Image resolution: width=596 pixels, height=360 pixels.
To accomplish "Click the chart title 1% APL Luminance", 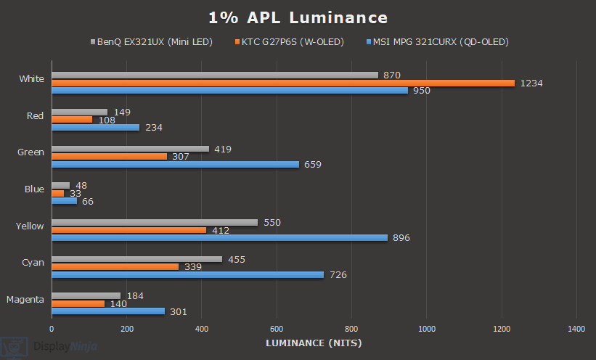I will click(x=298, y=17).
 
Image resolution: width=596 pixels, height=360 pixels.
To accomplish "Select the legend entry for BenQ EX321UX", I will click(x=152, y=41).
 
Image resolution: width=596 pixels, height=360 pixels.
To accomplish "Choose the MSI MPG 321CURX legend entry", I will click(x=436, y=41).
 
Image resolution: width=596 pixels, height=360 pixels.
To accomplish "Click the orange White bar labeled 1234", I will click(x=283, y=83).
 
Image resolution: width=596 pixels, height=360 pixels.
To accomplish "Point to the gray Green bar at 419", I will click(x=130, y=149).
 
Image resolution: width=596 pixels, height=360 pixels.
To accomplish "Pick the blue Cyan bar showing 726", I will click(x=187, y=274).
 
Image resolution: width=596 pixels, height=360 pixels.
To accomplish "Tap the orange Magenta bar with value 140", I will click(x=78, y=303).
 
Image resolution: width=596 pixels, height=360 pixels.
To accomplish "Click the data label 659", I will click(x=312, y=165).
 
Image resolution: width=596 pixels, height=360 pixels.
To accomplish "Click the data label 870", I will click(x=391, y=75).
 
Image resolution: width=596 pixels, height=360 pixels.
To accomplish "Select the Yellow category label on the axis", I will click(x=30, y=226).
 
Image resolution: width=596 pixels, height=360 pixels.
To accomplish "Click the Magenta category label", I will click(x=25, y=299).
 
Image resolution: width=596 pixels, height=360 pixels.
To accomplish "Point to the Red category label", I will click(x=34, y=115).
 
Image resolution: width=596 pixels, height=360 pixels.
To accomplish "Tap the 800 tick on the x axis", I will click(x=351, y=329).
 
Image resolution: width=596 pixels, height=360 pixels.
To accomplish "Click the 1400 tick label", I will click(x=576, y=329).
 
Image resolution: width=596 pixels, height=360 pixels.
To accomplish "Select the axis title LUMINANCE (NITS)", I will click(x=314, y=343).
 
